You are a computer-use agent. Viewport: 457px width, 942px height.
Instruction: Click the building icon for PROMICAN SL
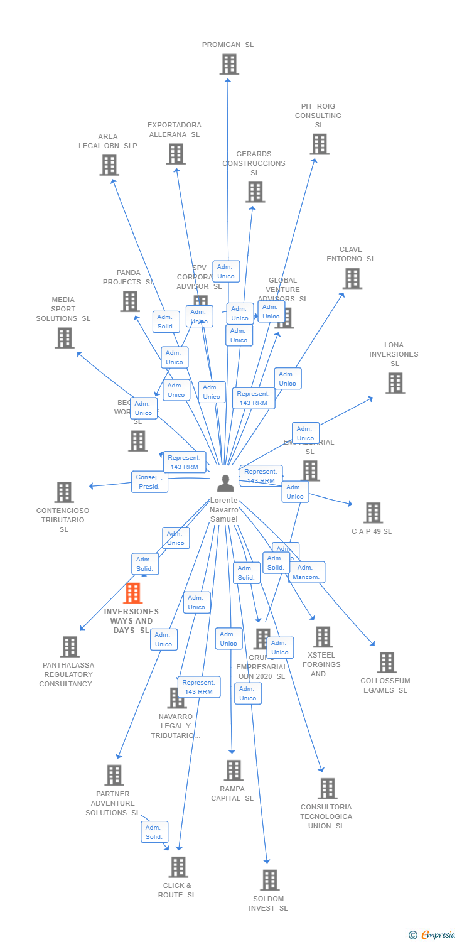229,64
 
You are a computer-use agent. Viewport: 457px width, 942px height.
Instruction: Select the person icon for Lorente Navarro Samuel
225,483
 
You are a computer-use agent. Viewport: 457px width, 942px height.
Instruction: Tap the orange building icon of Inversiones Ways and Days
132,593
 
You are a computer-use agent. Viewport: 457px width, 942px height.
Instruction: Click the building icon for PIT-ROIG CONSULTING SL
319,144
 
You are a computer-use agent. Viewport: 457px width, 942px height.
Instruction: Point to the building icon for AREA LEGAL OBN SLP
109,165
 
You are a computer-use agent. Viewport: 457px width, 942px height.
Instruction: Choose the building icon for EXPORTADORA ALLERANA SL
176,154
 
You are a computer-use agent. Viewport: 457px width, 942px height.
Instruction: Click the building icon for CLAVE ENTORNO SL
352,278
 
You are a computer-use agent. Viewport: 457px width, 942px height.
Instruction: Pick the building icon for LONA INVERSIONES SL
395,383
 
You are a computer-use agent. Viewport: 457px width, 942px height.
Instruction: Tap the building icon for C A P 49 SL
373,512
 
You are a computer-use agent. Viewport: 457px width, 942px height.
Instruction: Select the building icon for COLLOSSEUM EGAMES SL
386,662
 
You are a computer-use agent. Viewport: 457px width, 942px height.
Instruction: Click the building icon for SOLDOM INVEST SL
269,880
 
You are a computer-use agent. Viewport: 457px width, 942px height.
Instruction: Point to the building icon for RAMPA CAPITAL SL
233,770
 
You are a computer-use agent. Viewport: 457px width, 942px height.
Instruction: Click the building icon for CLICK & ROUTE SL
178,867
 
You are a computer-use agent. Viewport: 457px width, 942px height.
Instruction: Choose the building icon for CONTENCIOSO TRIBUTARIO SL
63,492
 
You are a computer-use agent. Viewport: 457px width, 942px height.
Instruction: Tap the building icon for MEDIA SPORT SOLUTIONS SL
64,338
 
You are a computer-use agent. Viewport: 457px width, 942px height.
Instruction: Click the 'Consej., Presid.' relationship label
149,482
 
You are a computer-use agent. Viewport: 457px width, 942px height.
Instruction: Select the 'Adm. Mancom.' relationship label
307,572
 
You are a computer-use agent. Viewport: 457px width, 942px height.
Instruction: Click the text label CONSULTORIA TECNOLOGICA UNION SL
326,816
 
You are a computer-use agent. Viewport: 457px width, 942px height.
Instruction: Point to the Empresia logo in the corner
433,935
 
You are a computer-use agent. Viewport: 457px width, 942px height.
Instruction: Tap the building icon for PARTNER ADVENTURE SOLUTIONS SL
114,775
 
